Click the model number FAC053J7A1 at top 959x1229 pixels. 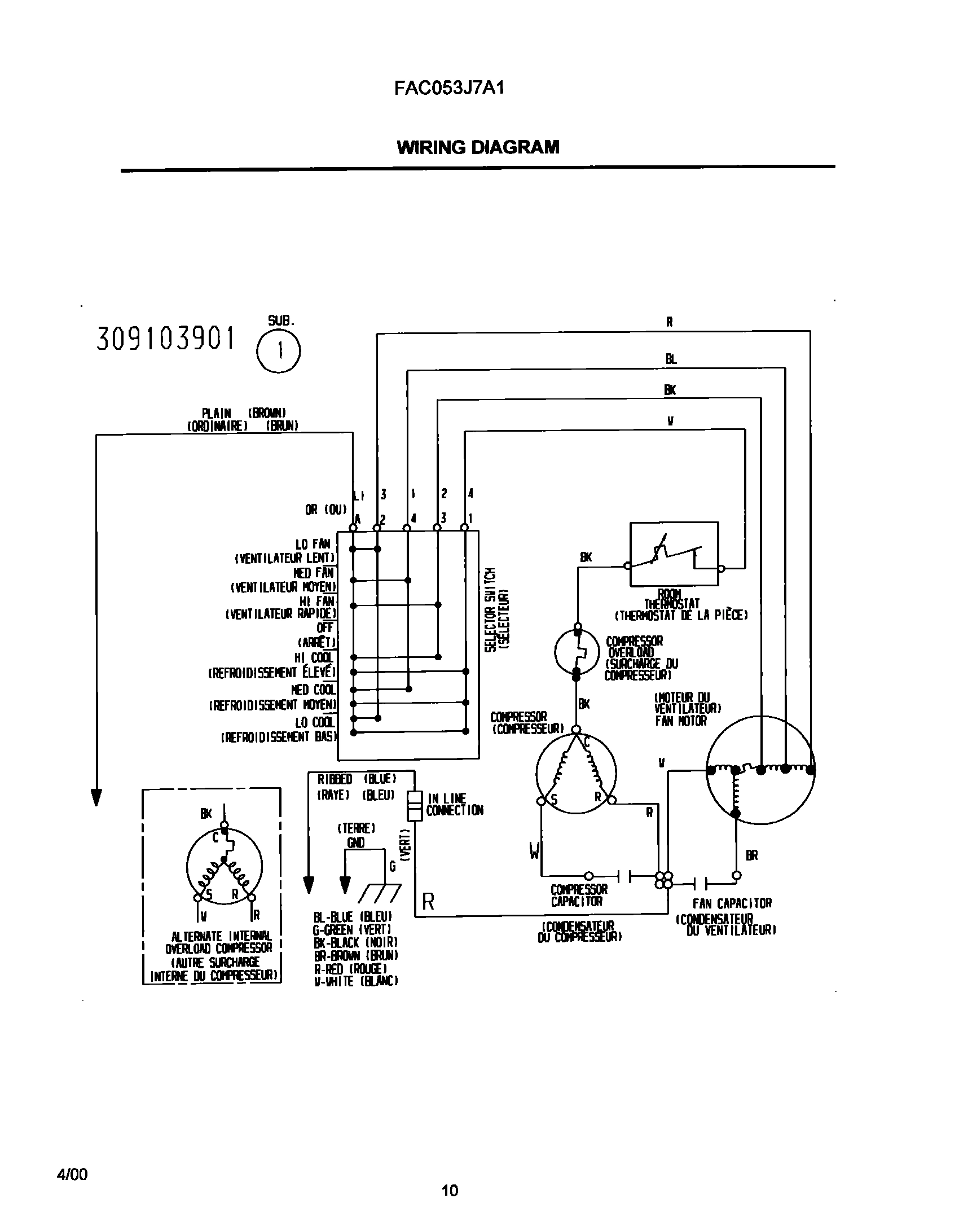point(448,89)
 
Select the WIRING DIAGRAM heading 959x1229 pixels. point(478,147)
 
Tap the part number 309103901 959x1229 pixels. point(165,339)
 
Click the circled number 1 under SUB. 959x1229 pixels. point(279,351)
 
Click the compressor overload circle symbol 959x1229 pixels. point(577,652)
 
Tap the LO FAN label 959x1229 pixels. point(313,545)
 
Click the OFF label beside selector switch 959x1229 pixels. point(325,627)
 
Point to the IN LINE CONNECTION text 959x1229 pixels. point(454,805)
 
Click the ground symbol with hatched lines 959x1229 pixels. point(379,893)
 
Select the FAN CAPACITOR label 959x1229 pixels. point(732,903)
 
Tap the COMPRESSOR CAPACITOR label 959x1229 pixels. point(579,896)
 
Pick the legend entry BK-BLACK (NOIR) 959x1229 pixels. point(356,942)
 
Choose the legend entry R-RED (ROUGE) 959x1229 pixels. point(350,968)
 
